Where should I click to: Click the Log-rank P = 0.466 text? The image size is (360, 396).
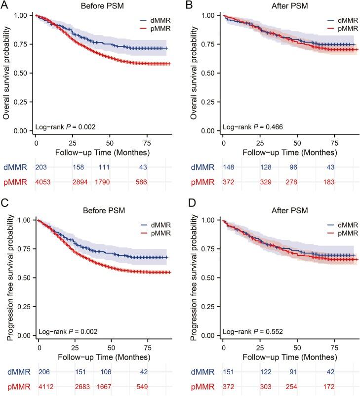(x=249, y=127)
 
